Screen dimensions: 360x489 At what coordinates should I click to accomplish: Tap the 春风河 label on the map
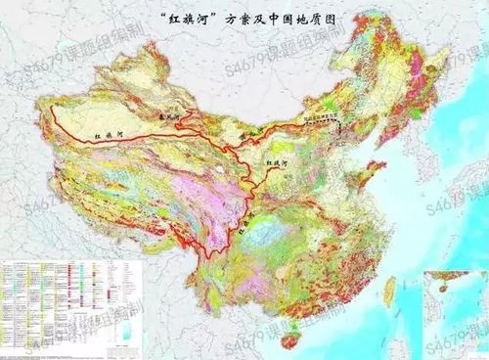tap(173, 113)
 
